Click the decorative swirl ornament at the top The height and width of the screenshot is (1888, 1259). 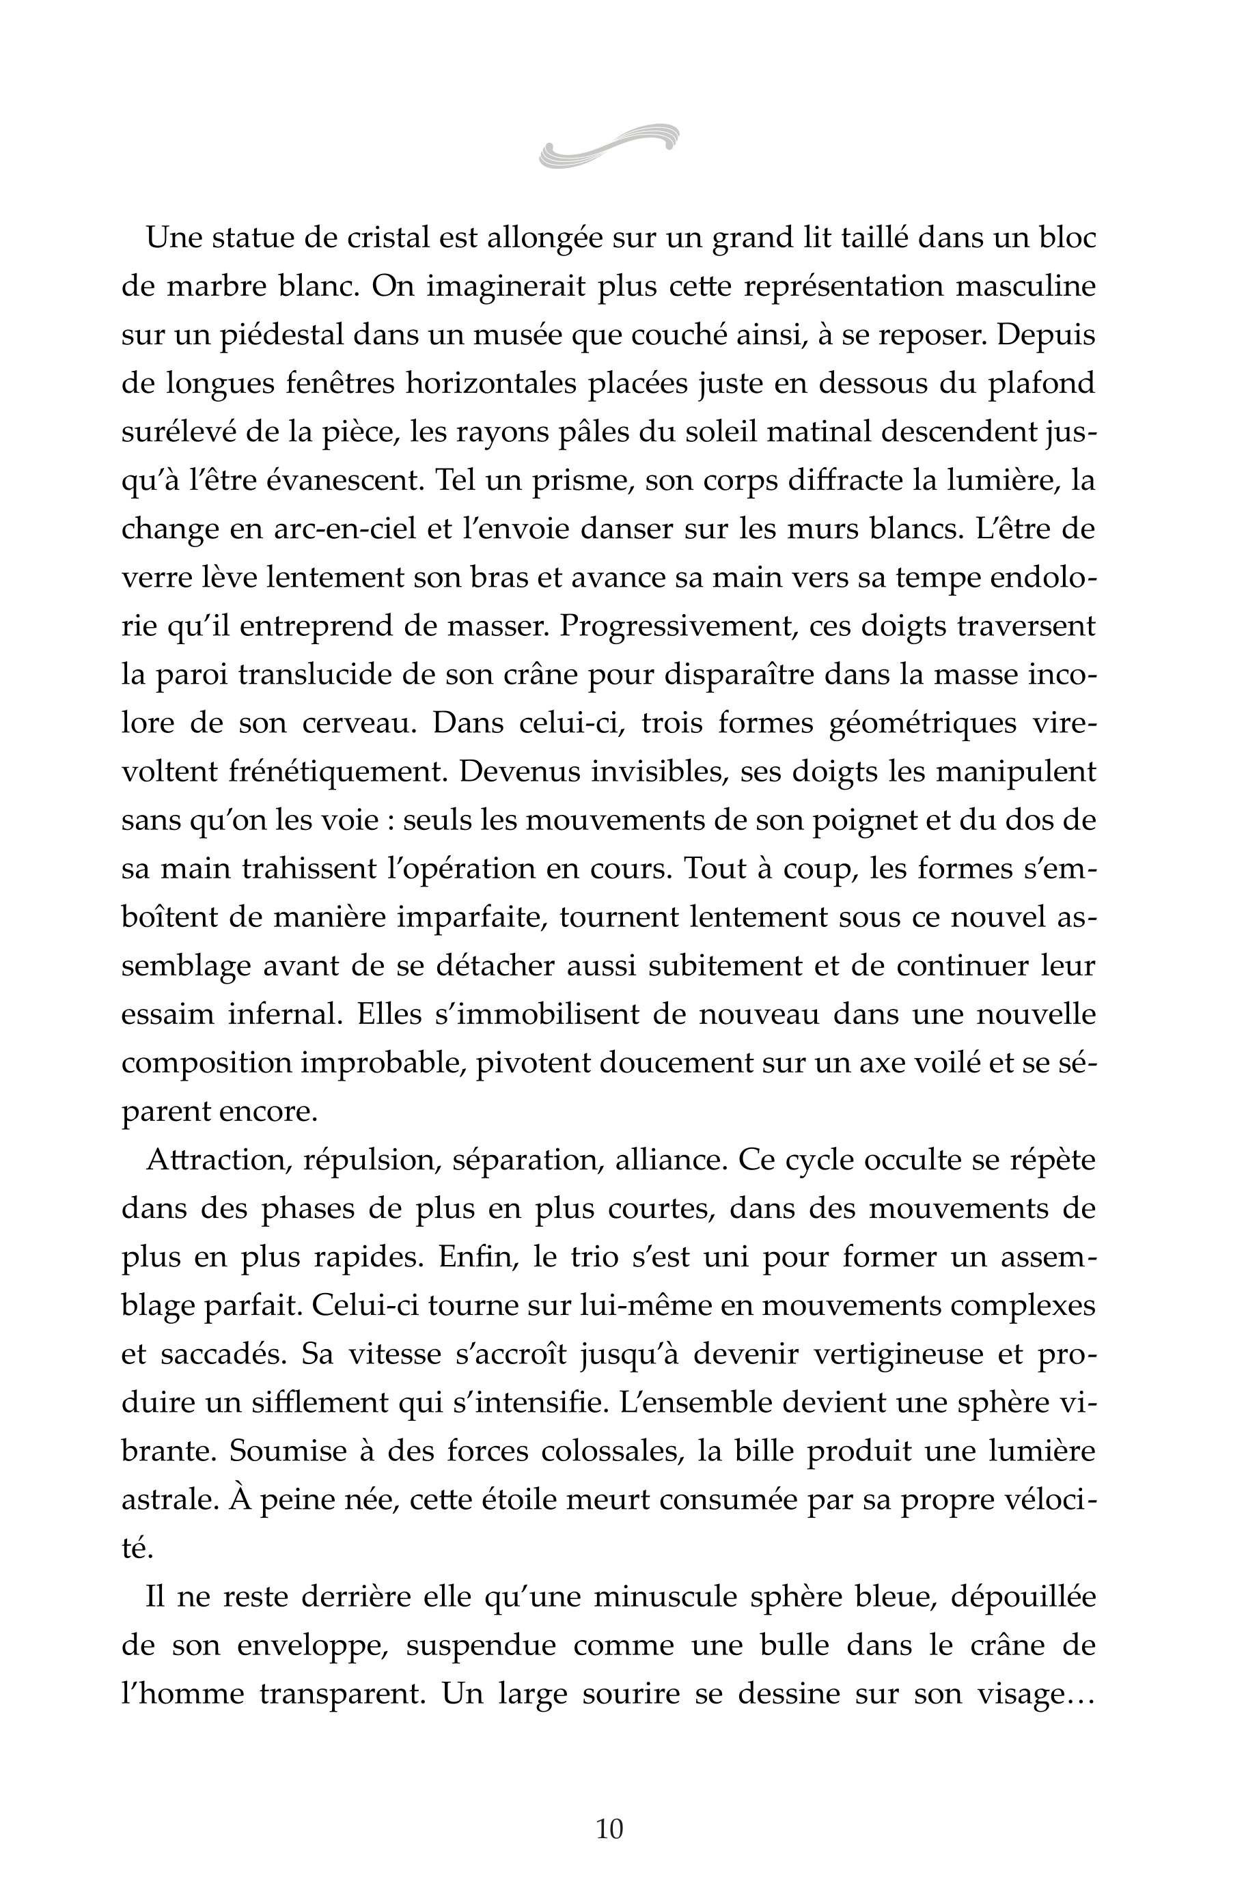pos(609,146)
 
